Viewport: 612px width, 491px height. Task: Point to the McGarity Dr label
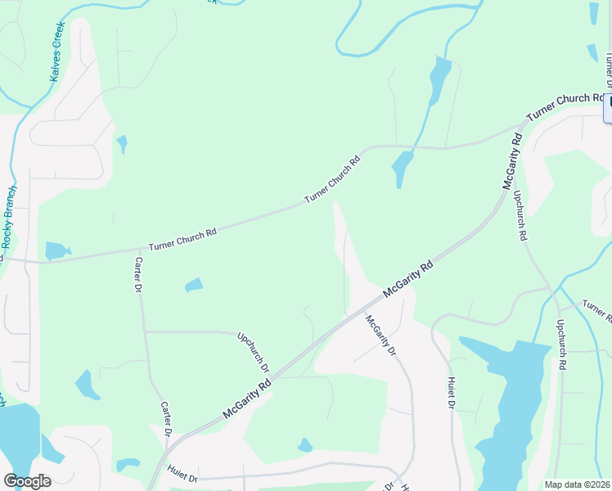pyautogui.click(x=380, y=335)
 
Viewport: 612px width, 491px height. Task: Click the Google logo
pyautogui.click(x=27, y=481)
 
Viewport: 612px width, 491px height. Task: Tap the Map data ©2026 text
pyautogui.click(x=577, y=484)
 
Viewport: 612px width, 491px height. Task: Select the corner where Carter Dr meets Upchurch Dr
pyautogui.click(x=145, y=331)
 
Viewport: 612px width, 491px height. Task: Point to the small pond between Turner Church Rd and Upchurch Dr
pyautogui.click(x=194, y=285)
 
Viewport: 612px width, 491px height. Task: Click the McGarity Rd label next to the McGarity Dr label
pyautogui.click(x=407, y=279)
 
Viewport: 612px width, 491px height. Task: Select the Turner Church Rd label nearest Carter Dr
pyautogui.click(x=182, y=238)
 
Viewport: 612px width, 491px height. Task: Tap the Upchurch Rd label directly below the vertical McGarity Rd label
pyautogui.click(x=519, y=214)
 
